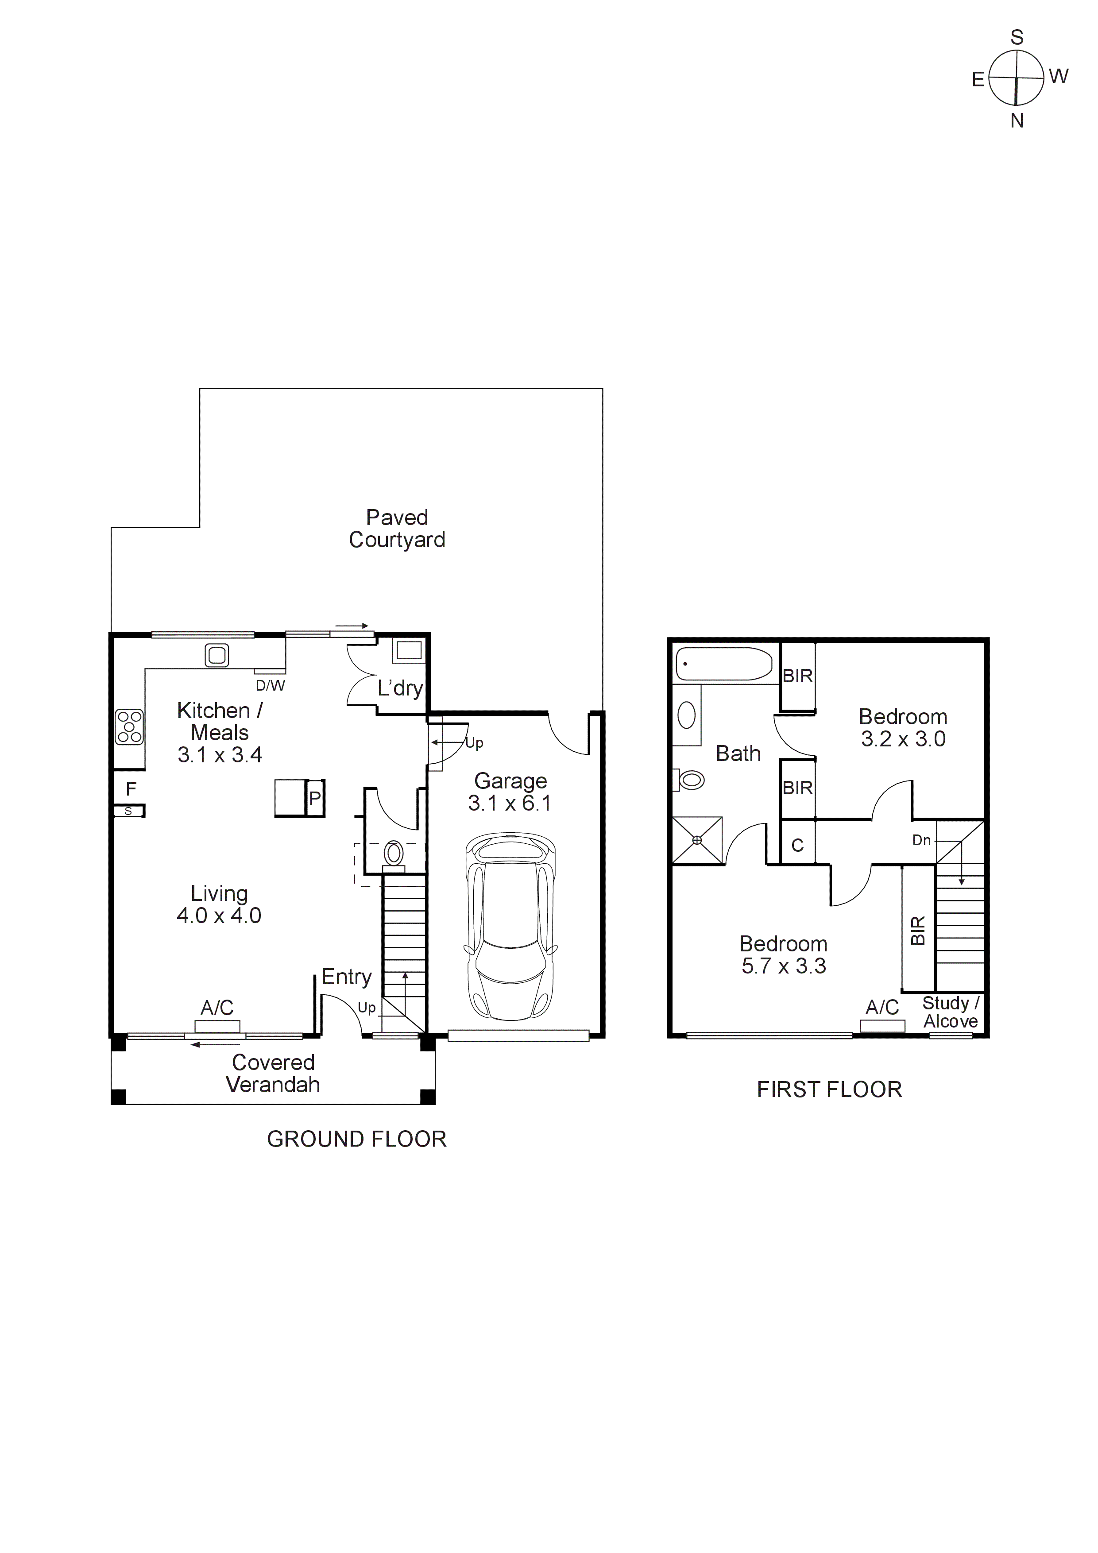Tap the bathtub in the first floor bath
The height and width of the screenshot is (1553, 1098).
click(724, 664)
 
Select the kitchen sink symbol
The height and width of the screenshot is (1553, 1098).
click(217, 655)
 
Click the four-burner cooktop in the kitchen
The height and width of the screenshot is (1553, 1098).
click(129, 726)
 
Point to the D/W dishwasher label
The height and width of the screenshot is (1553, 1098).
click(270, 685)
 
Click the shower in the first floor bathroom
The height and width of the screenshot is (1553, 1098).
click(697, 840)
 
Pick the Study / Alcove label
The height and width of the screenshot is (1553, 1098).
click(951, 1012)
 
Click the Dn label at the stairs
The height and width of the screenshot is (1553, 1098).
click(921, 840)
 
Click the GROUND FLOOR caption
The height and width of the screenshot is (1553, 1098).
click(356, 1139)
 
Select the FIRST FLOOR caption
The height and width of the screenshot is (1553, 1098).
click(829, 1089)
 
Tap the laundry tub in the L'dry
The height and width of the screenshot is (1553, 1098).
click(409, 651)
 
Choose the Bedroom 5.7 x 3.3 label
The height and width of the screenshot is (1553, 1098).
click(783, 954)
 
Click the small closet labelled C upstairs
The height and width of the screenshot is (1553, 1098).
click(798, 845)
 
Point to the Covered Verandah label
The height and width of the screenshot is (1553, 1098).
click(273, 1074)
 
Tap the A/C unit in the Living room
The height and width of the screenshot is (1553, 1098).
click(217, 1027)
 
